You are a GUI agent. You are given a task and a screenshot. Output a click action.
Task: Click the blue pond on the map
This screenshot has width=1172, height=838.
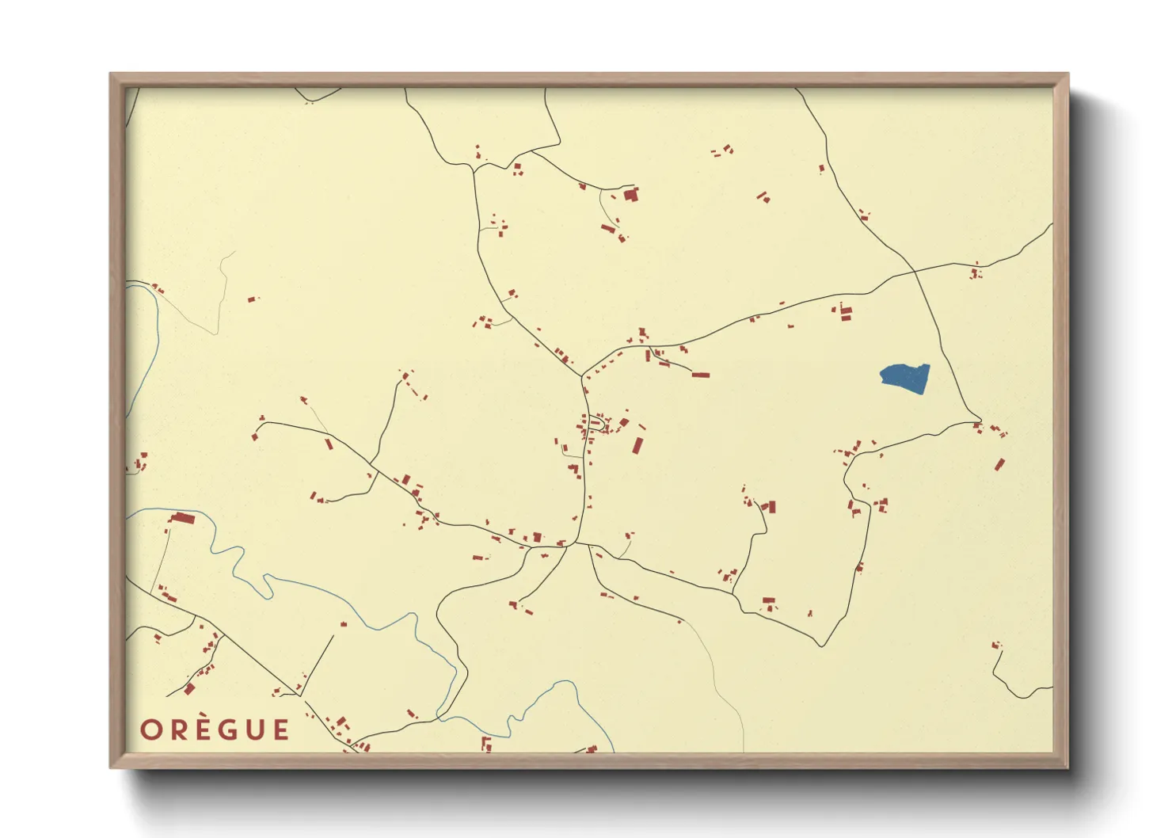tap(905, 377)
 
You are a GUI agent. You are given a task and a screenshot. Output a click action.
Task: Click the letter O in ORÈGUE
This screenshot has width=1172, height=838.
tap(151, 729)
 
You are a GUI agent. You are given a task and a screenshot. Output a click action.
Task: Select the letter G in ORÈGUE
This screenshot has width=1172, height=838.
tap(230, 729)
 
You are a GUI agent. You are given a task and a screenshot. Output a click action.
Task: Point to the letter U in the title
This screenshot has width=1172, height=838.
tap(256, 729)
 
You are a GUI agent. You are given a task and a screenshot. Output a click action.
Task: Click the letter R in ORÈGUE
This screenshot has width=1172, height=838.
tap(178, 729)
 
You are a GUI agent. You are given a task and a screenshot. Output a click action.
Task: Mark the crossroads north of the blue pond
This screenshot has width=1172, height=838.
tap(915, 272)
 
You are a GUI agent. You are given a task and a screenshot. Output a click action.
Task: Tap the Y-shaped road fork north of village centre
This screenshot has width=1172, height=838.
tap(582, 375)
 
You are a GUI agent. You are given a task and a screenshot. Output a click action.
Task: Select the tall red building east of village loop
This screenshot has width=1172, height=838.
tap(637, 444)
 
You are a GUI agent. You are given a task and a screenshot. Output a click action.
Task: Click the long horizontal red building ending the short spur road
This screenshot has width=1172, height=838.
tap(700, 374)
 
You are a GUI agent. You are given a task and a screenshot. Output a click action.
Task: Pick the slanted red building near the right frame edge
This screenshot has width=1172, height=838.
tap(999, 464)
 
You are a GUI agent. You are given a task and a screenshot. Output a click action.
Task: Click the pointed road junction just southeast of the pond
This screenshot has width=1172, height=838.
tap(980, 421)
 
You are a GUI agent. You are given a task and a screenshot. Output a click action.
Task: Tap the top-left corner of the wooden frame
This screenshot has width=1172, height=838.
tap(111, 74)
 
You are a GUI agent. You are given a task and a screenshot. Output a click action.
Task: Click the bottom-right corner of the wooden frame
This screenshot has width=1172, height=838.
tap(1067, 767)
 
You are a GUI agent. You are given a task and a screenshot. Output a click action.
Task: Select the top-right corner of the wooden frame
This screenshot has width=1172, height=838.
tap(1067, 74)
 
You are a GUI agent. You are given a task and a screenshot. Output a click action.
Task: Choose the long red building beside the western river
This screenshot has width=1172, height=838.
tap(183, 518)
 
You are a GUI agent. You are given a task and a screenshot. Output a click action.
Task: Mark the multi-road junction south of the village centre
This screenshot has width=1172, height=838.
tap(576, 544)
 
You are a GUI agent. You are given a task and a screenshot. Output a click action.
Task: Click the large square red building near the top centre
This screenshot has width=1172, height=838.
tap(631, 194)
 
